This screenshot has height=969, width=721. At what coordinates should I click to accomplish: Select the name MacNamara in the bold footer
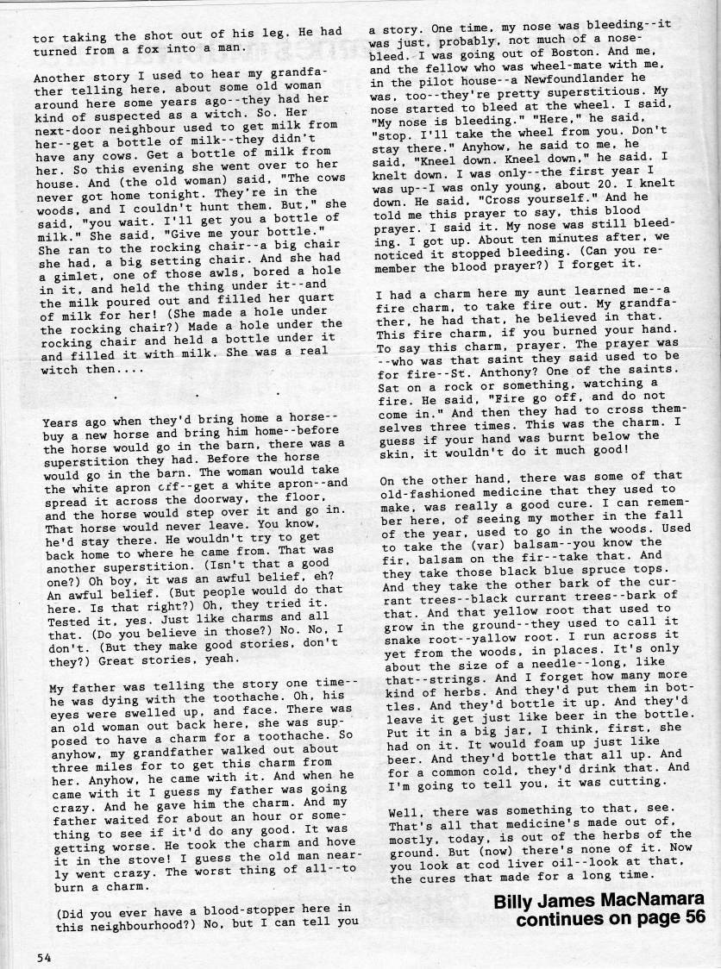643,900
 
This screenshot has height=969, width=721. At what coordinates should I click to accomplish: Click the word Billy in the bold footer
516,900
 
